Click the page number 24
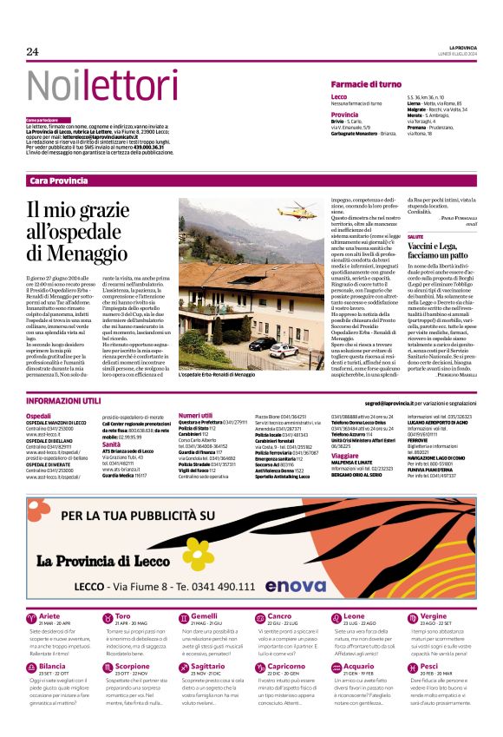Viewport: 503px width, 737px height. point(33,51)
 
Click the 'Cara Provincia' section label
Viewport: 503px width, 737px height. point(58,181)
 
